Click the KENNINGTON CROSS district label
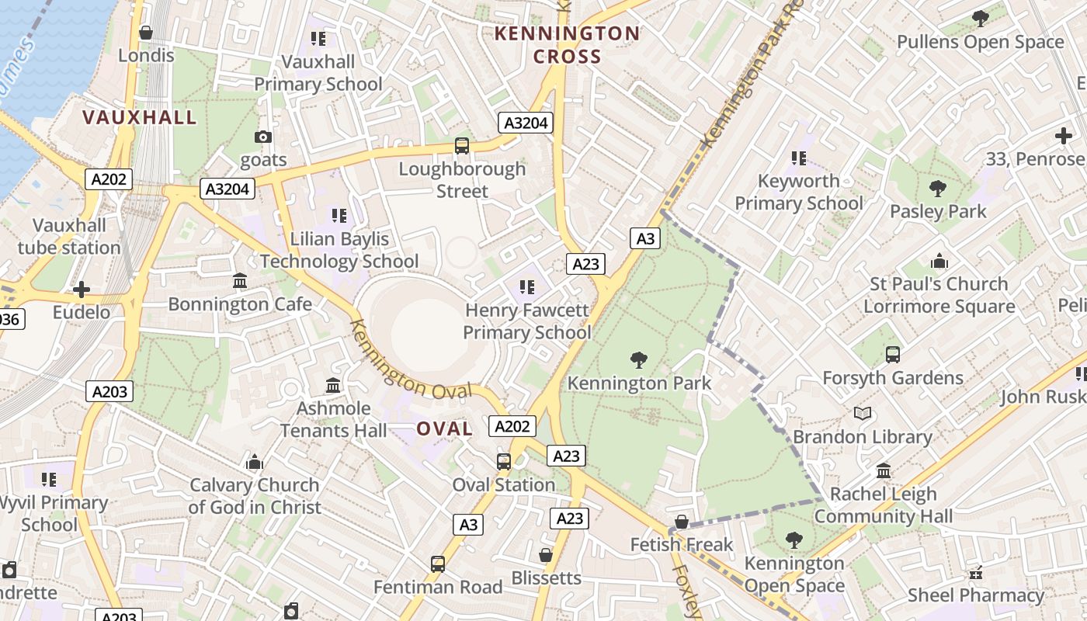tap(567, 45)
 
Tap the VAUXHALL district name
tap(140, 117)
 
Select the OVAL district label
tap(444, 429)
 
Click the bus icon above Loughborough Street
tap(462, 145)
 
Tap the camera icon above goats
tap(263, 137)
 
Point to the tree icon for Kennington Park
tap(639, 359)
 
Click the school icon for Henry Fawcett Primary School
tap(527, 288)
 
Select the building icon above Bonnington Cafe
tap(240, 280)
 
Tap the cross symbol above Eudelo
tap(82, 290)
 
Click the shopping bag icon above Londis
tap(146, 33)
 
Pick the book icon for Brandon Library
tap(862, 414)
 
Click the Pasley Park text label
tap(938, 211)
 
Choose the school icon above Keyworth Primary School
tap(798, 158)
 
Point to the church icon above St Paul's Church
tap(939, 261)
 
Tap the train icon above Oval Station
tap(504, 462)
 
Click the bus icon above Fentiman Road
tap(438, 564)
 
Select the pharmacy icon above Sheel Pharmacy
tap(976, 573)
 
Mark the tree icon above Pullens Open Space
tap(981, 19)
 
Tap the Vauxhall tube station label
tap(70, 237)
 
